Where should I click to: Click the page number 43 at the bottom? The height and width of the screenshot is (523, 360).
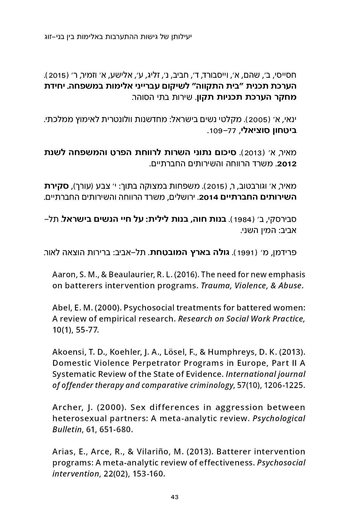pos(174,497)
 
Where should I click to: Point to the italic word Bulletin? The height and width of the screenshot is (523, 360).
pos(67,429)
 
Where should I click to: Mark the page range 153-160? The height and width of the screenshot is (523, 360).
pos(148,474)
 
